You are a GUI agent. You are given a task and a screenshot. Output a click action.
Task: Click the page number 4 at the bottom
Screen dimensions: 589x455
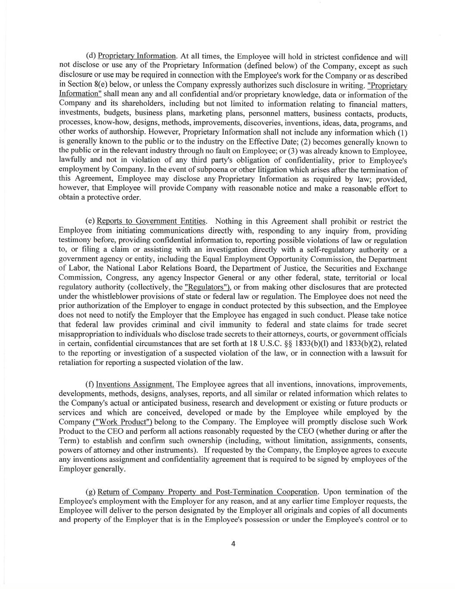coord(233,544)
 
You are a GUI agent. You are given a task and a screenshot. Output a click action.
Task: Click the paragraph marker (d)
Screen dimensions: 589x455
coord(91,56)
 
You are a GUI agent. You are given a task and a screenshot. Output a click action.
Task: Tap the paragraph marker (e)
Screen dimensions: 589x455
coord(91,221)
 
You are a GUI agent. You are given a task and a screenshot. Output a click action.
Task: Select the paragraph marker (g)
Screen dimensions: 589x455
coord(91,492)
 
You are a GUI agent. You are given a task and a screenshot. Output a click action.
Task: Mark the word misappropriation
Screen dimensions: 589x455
coord(88,334)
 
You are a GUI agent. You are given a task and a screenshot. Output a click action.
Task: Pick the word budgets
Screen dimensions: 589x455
coord(107,113)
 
